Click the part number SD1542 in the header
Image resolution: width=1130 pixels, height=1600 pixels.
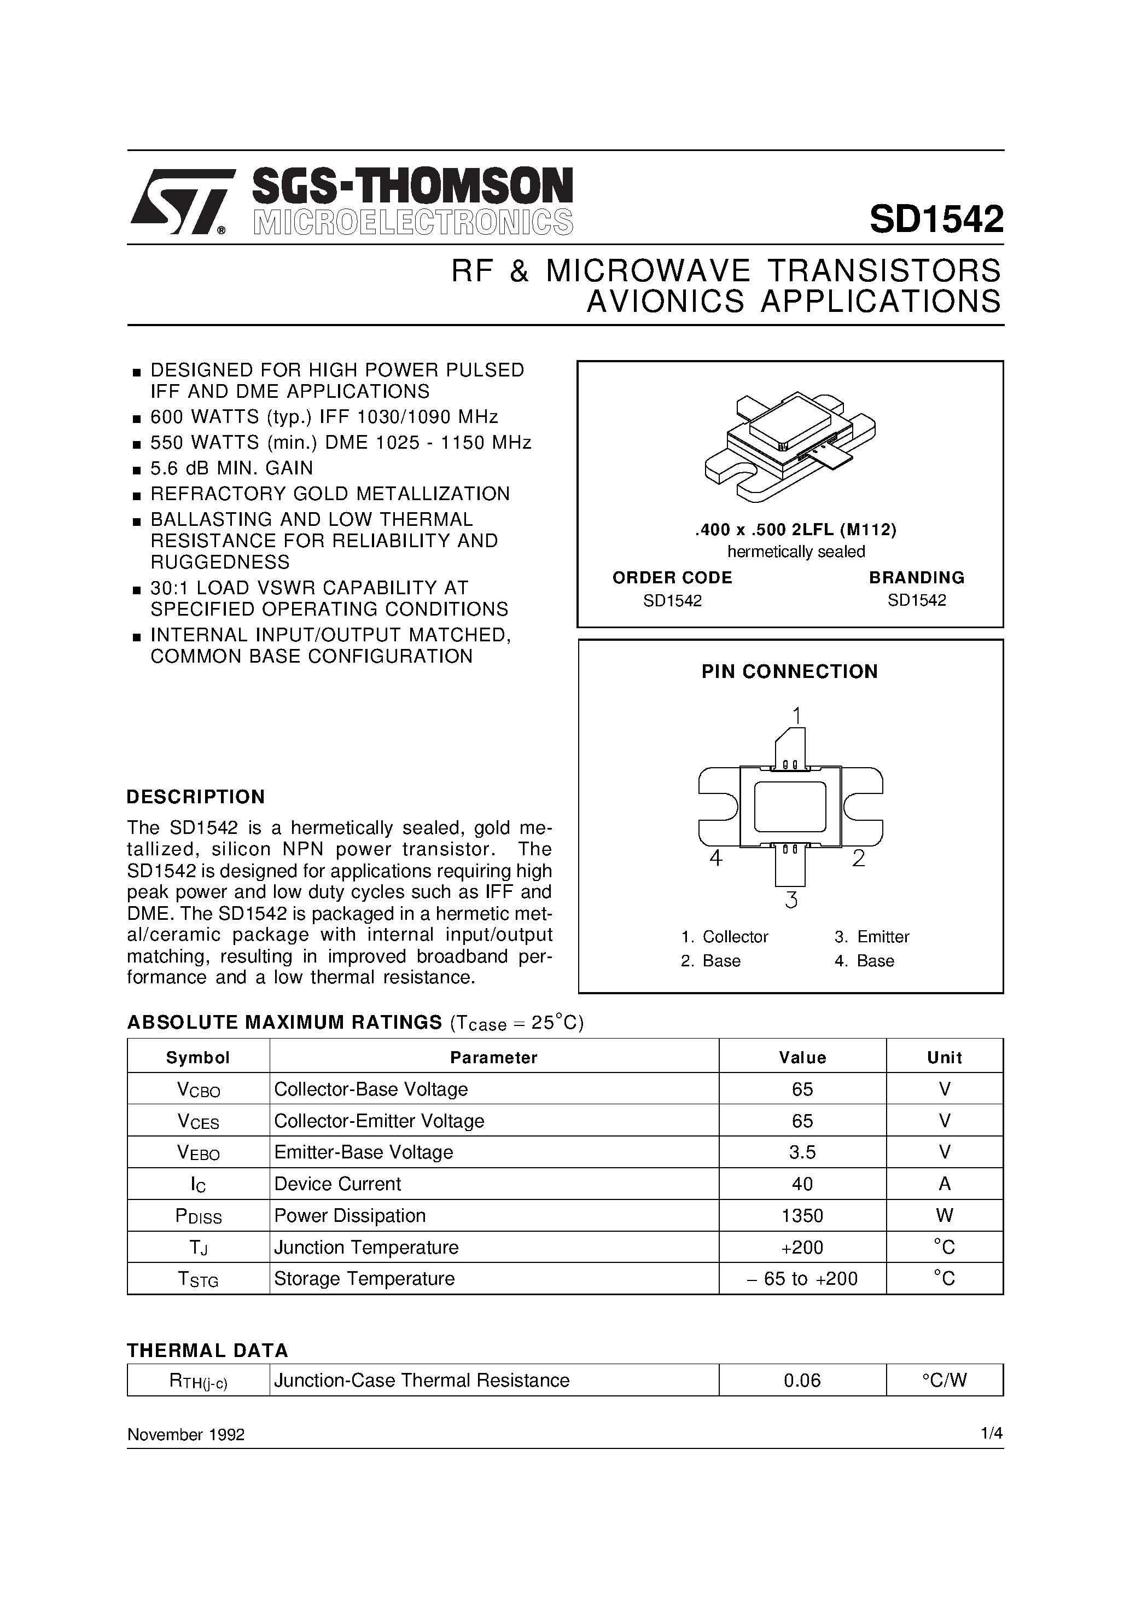936,219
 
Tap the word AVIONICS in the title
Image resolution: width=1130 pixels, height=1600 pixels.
665,302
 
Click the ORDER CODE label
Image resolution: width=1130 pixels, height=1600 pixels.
672,578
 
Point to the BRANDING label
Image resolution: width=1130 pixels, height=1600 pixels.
916,578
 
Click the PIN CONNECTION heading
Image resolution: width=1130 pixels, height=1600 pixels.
789,672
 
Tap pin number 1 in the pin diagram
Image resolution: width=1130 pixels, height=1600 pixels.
796,716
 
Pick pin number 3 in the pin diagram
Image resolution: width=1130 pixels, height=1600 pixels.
791,900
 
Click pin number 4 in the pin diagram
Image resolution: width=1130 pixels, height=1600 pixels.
715,859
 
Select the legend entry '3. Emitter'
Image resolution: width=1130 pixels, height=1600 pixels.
872,937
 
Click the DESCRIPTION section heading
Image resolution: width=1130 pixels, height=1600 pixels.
196,797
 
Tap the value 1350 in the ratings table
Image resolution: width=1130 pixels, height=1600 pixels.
802,1216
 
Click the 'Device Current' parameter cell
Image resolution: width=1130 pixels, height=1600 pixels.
338,1184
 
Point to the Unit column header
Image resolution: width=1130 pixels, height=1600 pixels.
944,1058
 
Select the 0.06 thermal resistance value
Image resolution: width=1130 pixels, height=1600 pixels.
802,1381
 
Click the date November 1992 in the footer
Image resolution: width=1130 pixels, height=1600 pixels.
186,1434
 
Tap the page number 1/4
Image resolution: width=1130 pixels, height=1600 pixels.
992,1434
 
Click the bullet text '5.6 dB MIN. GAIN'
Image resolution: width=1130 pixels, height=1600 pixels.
232,468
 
